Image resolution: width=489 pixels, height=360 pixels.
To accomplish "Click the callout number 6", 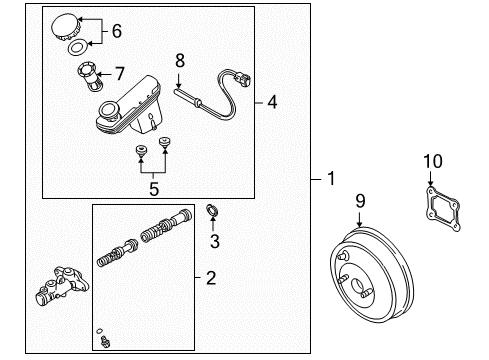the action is (117, 31).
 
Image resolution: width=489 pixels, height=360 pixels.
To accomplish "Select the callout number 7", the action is (120, 74).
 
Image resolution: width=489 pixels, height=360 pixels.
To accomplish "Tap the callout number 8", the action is (180, 61).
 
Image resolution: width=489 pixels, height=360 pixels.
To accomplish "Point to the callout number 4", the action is (272, 102).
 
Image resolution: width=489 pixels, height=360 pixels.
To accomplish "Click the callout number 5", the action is (154, 189).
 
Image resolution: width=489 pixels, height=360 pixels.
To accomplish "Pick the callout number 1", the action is (331, 178).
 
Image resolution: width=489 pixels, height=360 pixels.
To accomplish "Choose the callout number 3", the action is (215, 241).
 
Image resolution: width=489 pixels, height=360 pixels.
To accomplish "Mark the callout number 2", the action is (211, 278).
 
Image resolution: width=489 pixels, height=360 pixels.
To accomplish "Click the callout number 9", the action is (360, 201).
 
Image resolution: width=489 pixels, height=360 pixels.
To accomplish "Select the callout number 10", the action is (433, 161).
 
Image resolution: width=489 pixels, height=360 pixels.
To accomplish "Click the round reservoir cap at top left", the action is (65, 26).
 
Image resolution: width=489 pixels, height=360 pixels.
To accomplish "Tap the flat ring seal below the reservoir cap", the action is (77, 47).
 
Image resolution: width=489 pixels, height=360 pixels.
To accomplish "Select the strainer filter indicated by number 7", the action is (90, 77).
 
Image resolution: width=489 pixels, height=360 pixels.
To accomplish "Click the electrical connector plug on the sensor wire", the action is (242, 80).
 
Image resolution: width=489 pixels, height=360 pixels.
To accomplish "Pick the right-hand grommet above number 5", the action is (164, 143).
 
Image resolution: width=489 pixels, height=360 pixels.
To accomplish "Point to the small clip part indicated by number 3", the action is (212, 210).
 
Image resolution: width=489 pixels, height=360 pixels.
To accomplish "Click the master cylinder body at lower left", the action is (62, 286).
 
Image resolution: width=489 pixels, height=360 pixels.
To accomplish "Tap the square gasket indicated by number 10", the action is (443, 209).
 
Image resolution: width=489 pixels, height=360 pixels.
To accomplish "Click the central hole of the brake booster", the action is (358, 286).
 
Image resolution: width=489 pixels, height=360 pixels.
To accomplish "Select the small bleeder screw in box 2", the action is (106, 342).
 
